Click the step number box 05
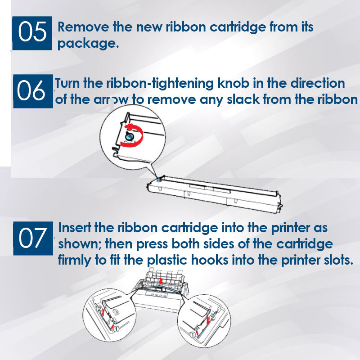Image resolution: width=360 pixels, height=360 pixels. coord(32,33)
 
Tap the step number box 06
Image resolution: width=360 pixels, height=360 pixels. coord(33,91)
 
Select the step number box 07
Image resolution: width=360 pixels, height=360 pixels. coord(33,238)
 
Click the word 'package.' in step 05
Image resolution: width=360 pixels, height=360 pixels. coord(88,44)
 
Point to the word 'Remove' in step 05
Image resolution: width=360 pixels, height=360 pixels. coord(83,27)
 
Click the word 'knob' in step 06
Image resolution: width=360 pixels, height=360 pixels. coord(233,83)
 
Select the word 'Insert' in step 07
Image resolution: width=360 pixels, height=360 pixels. coord(75,228)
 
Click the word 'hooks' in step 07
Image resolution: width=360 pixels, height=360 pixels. coord(210,260)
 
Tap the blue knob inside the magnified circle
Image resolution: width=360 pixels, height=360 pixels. coord(129,136)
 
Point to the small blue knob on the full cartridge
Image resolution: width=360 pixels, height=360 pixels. coord(158,179)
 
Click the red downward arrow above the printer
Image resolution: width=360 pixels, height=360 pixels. coord(161,280)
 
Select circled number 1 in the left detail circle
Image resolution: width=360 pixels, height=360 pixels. coord(117,329)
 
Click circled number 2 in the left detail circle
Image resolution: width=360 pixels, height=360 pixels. coord(99,309)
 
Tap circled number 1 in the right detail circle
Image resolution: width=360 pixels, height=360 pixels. coord(193,335)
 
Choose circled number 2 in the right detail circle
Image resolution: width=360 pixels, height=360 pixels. coord(212,318)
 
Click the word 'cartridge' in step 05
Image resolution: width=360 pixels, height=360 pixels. coord(238,27)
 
